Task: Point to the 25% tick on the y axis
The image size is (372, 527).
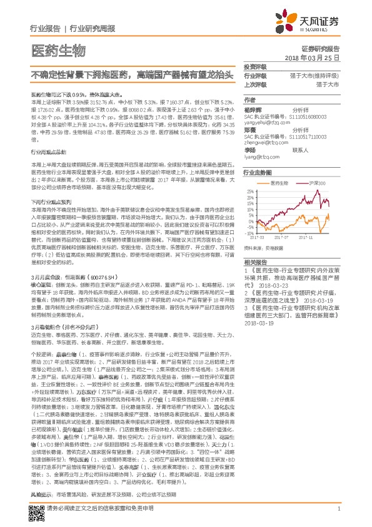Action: pyautogui.click(x=250, y=190)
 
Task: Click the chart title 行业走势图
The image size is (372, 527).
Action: pyautogui.click(x=258, y=171)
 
